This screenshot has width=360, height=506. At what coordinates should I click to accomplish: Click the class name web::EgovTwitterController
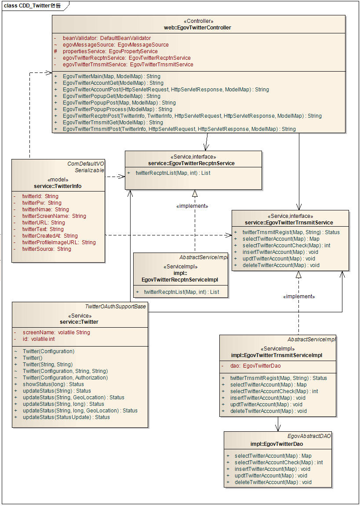[x=198, y=28]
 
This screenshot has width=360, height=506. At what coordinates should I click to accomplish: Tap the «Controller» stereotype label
[x=198, y=21]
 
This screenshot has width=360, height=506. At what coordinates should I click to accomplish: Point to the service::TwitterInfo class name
[x=58, y=186]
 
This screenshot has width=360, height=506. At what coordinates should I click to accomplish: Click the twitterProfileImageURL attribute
[x=59, y=242]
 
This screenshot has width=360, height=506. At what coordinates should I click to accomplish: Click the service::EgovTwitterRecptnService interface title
[x=193, y=163]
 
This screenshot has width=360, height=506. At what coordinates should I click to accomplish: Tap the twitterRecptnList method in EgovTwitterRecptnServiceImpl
[x=182, y=292]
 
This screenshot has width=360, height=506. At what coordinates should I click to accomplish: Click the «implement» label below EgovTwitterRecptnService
[x=192, y=206]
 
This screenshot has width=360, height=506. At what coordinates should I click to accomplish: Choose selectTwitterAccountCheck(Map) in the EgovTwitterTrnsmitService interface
[x=286, y=246]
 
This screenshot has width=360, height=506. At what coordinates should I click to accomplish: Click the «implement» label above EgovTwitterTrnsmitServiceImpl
[x=299, y=296]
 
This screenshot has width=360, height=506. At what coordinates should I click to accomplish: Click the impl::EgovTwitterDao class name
[x=277, y=444]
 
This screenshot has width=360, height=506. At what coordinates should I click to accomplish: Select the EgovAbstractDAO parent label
[x=309, y=436]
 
